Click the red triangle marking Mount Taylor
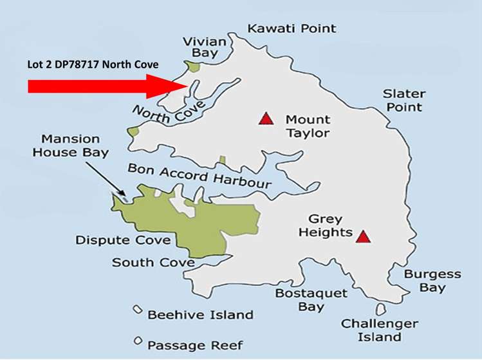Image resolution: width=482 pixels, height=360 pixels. (264, 118)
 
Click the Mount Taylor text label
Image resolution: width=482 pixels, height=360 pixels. (308, 127)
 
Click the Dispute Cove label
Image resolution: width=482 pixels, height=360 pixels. (123, 240)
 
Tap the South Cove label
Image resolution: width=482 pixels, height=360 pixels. (153, 263)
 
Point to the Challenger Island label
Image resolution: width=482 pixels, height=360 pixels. (379, 330)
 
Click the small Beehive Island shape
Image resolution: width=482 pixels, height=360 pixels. (137, 310)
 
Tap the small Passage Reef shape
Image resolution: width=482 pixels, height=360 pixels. (138, 341)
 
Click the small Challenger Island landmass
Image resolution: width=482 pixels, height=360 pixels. (381, 310)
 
